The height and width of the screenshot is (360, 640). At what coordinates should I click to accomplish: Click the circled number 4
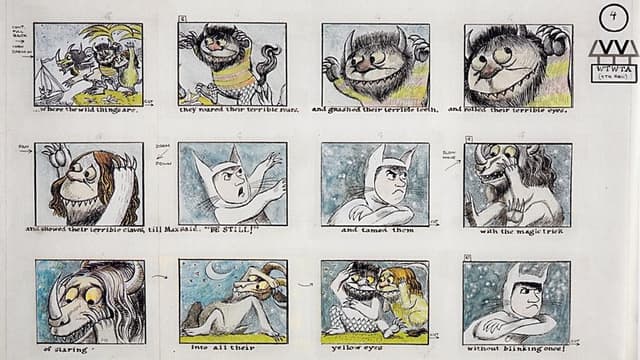tap(613, 17)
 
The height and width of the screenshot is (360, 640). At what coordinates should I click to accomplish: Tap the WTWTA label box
tap(613, 73)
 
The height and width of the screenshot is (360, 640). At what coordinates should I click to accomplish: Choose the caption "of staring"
tap(70, 350)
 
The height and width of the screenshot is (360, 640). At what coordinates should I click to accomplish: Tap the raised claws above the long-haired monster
tap(52, 153)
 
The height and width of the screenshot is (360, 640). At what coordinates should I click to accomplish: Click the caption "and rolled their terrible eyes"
tap(513, 110)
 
